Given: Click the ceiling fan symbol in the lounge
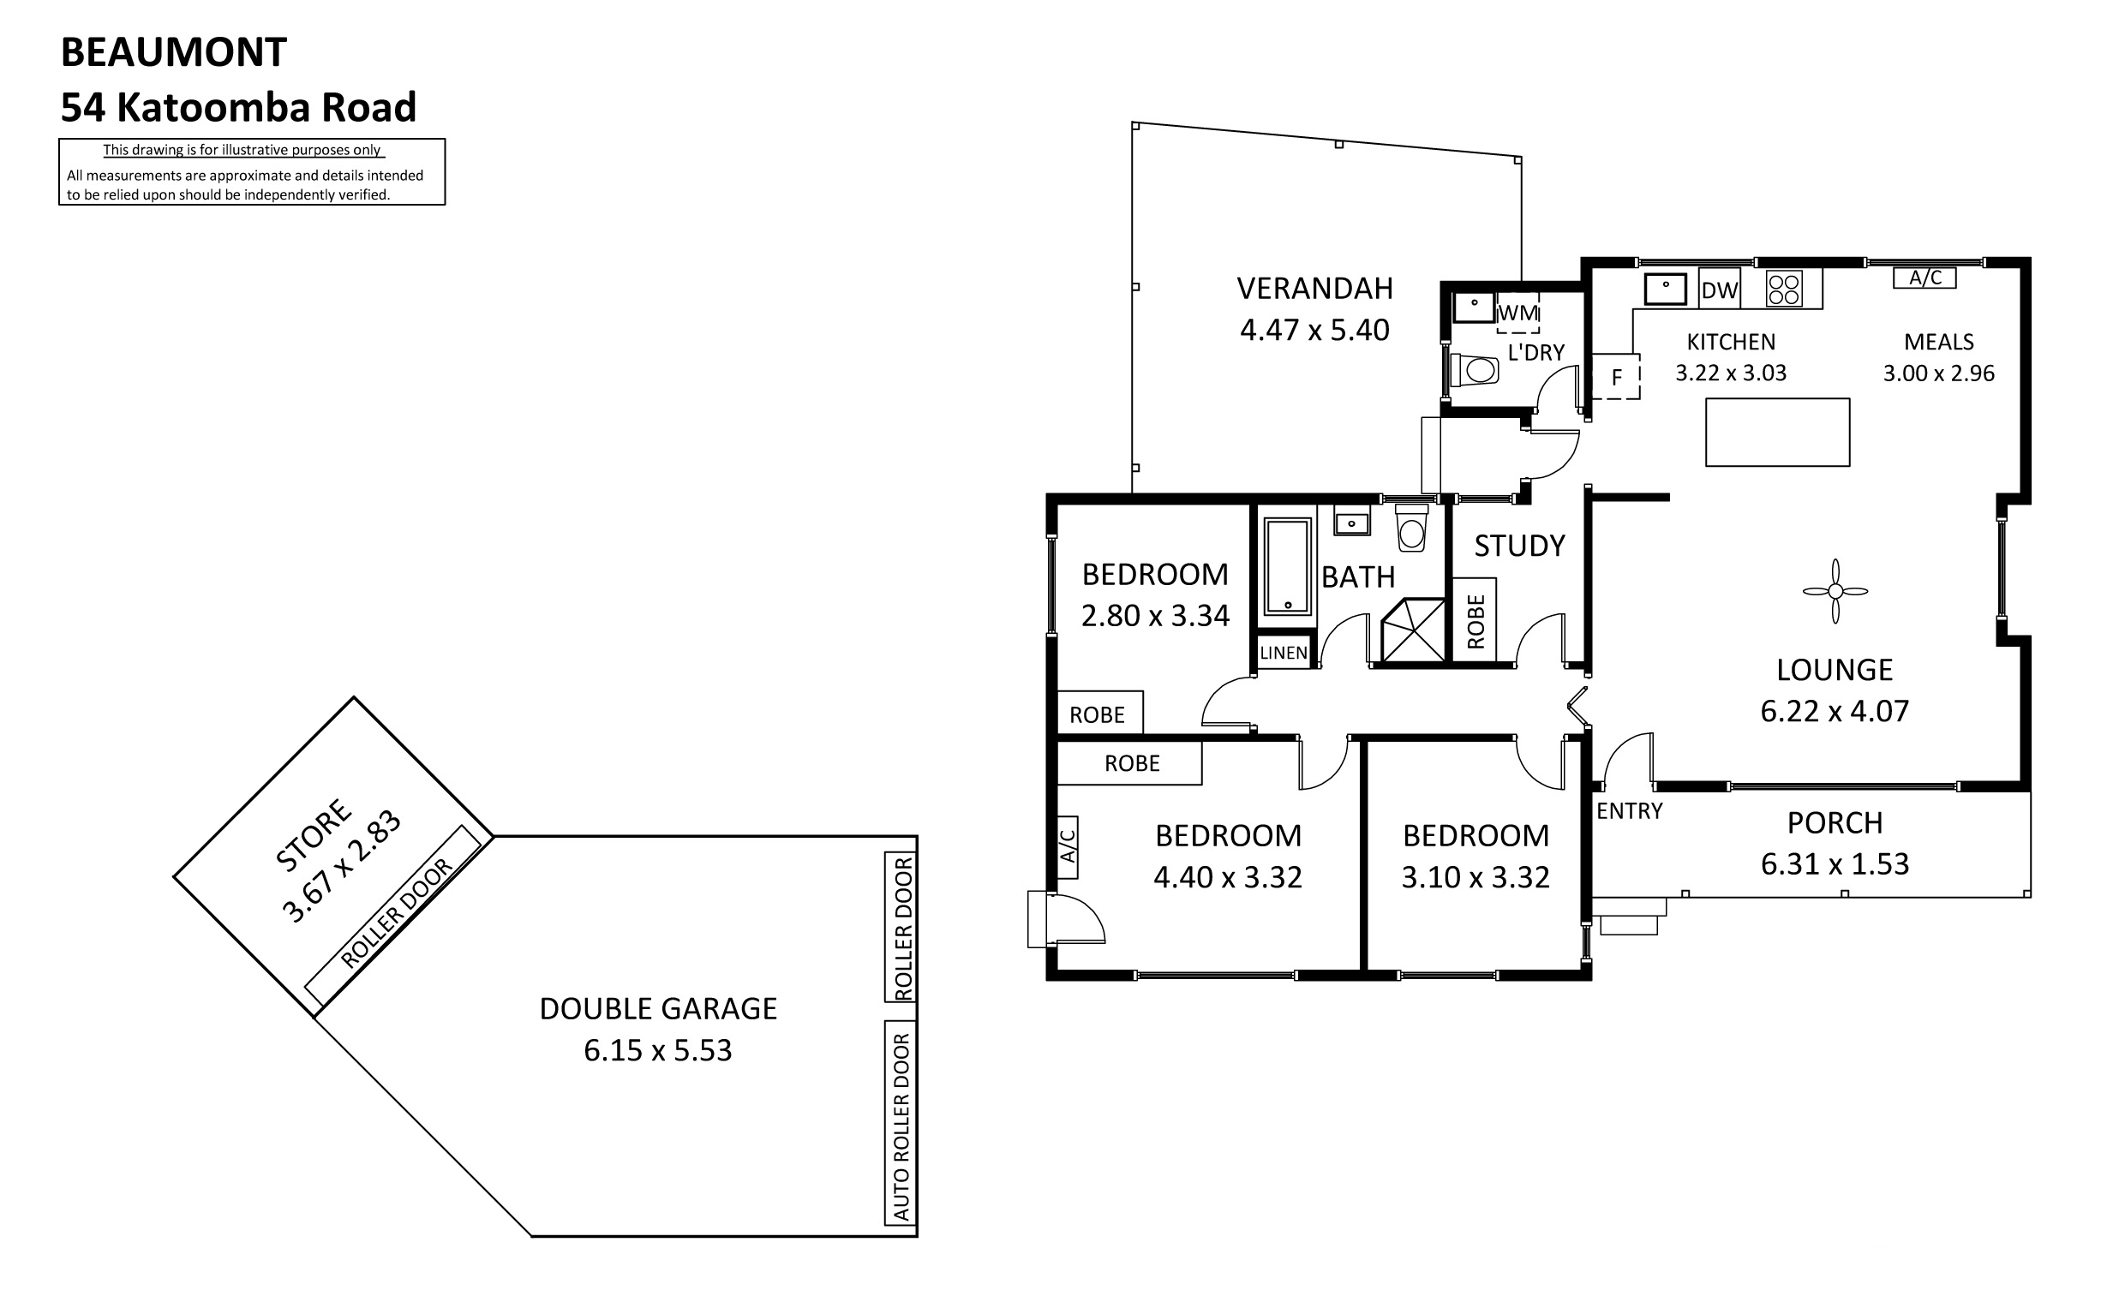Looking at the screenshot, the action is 1835,591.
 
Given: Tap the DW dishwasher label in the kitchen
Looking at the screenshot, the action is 1719,290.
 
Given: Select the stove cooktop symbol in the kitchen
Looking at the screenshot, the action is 1784,290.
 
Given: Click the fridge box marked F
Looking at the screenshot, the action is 1616,376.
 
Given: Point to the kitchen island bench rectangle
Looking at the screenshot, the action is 1777,432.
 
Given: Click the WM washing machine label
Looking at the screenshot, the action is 1517,313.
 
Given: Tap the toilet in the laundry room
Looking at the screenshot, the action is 1475,370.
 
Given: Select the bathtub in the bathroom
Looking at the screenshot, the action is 1287,566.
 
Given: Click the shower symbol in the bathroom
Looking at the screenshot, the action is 1413,630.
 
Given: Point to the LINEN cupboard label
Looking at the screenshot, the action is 1284,653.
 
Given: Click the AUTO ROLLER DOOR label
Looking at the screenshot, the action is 901,1126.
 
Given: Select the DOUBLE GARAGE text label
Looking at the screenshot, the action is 658,1008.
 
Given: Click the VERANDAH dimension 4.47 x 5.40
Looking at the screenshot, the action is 1314,330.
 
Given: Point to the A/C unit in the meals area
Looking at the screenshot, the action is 1925,278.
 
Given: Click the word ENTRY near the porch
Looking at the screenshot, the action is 1629,811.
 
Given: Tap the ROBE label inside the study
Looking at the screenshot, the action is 1475,621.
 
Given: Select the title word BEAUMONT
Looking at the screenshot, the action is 174,52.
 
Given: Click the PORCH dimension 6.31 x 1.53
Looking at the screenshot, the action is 1835,863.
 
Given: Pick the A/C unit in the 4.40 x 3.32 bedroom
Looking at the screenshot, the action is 1068,846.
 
